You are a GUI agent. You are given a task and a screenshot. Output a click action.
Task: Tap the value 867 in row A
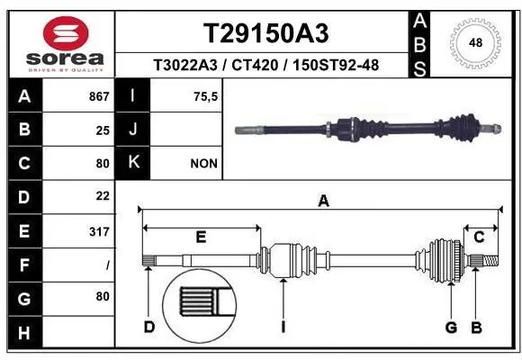pos(99,95)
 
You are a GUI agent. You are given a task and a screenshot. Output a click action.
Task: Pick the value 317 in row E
pos(99,232)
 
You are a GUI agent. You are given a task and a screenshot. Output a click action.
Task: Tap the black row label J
pos(133,130)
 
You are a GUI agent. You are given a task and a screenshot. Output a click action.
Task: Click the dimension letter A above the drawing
pos(323,202)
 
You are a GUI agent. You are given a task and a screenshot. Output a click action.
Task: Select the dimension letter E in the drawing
pos(201,237)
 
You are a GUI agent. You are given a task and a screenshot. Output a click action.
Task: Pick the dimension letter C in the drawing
pos(479,237)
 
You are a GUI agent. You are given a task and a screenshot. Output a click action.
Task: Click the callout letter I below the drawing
pos(283,326)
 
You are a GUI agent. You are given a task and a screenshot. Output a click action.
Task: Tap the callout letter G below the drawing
pos(451,326)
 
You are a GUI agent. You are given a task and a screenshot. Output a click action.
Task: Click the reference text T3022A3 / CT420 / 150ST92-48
pos(263,64)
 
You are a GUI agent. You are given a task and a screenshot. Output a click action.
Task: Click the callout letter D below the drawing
pos(149,326)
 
